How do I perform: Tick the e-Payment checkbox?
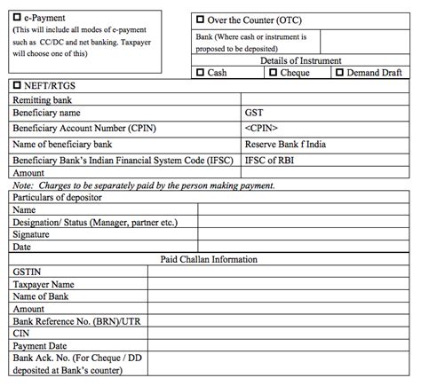click(x=18, y=17)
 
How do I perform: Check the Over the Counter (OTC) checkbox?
click(x=199, y=20)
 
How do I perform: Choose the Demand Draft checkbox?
click(x=339, y=73)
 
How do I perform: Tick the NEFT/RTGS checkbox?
click(x=18, y=86)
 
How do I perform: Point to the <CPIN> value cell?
click(x=261, y=129)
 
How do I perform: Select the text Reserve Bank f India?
click(x=286, y=144)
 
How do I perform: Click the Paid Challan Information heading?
click(x=209, y=259)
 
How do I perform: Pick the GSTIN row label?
click(x=28, y=272)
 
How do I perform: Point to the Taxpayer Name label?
click(x=44, y=285)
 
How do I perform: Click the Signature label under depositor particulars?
click(x=33, y=234)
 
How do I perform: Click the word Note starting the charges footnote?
click(x=21, y=185)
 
